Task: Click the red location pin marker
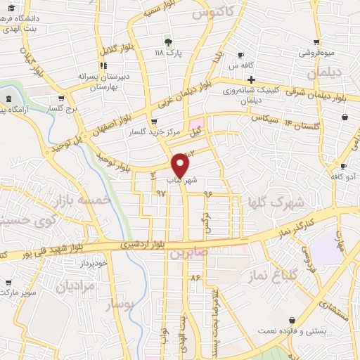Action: coord(180,164)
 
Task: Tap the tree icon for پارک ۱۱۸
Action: coord(167,41)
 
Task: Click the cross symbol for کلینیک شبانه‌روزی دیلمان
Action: coord(251,79)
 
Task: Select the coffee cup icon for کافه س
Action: coord(241,55)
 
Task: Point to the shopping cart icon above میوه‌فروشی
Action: coord(317,41)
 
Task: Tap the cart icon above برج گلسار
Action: coord(61,98)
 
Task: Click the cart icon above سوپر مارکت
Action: coord(8,282)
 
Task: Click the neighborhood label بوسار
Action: coord(118,304)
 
